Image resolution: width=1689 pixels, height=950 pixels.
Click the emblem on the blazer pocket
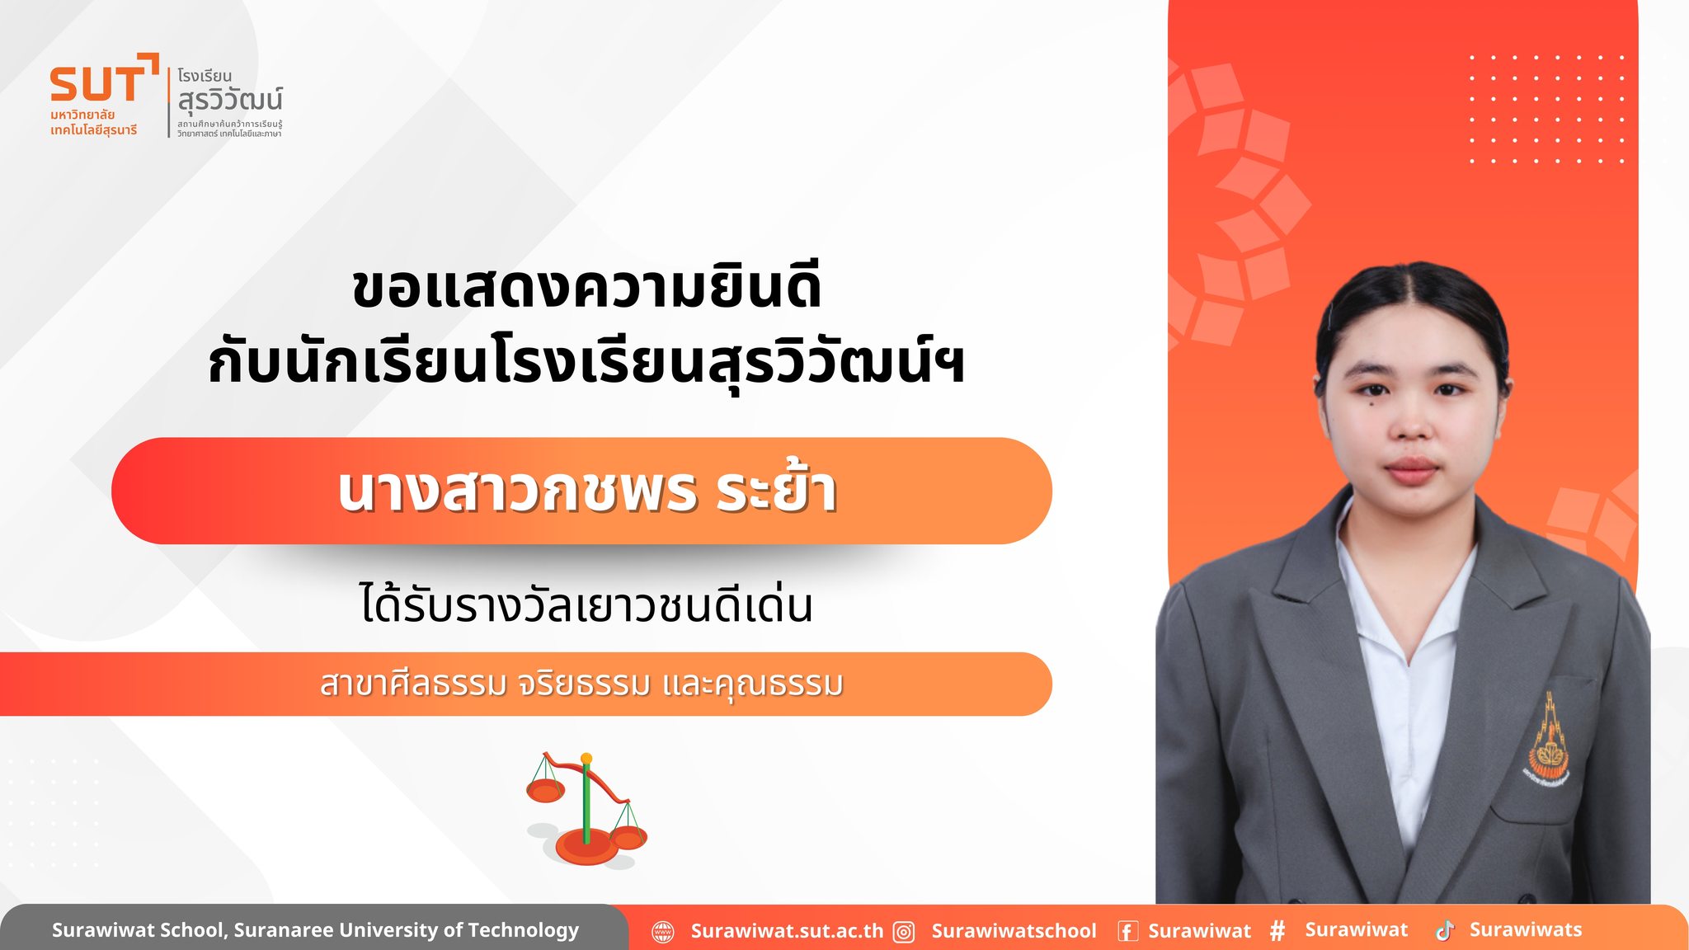(x=1547, y=740)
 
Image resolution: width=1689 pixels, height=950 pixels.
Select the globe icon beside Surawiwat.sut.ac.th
(x=663, y=932)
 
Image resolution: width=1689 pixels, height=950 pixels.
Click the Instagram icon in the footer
(x=905, y=932)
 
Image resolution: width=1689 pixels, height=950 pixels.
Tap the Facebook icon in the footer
(x=1127, y=932)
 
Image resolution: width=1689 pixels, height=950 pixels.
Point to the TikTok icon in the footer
(x=1445, y=931)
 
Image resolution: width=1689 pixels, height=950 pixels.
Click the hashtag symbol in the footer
(x=1277, y=931)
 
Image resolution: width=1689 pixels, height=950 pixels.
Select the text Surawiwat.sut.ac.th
(x=787, y=931)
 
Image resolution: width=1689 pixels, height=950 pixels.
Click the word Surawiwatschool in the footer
(x=1014, y=931)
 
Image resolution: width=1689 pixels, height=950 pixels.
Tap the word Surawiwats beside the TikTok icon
(x=1526, y=929)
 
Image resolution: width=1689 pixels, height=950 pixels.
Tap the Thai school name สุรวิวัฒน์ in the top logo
(x=230, y=100)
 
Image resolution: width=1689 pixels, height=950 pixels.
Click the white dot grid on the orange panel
(x=1546, y=109)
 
